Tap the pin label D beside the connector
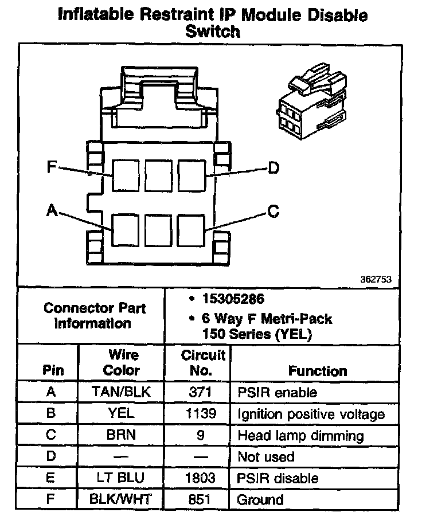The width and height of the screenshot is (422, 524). (273, 167)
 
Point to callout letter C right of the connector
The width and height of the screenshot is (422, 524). (273, 212)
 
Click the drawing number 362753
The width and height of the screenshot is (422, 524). (376, 280)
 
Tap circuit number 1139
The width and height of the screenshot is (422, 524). (200, 414)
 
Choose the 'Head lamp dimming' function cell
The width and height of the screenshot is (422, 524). (300, 436)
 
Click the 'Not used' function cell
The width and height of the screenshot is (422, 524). (265, 457)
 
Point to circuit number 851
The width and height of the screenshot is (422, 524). (200, 500)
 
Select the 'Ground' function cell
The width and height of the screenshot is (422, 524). (260, 500)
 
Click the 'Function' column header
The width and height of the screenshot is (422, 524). (317, 371)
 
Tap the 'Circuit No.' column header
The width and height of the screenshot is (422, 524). (200, 363)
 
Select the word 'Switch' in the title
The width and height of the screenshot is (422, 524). (212, 32)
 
